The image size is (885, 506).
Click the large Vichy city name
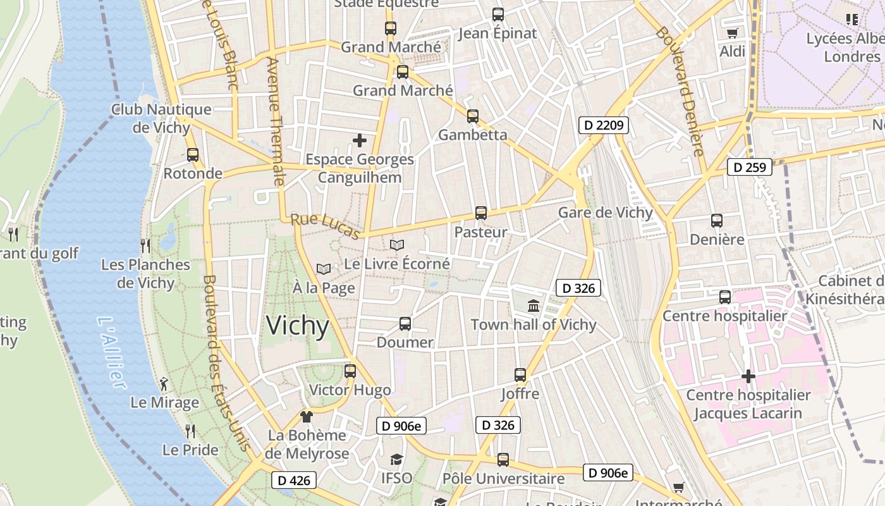click(x=297, y=326)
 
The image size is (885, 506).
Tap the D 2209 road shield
click(x=604, y=125)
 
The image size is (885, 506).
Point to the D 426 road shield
click(x=294, y=481)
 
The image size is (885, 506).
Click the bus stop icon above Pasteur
click(x=481, y=213)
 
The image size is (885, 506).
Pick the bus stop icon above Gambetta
click(x=473, y=116)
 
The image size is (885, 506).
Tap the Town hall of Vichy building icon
click(x=534, y=306)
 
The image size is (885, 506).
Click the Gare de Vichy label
click(x=605, y=213)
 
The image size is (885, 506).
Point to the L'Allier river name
click(x=111, y=352)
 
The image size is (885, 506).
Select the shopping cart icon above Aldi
click(x=733, y=33)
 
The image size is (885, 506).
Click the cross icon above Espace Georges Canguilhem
click(x=360, y=140)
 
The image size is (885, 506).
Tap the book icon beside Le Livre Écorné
click(x=397, y=245)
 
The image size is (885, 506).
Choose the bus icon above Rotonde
click(x=193, y=154)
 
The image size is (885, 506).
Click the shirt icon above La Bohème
click(x=307, y=416)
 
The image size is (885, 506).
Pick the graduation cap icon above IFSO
click(x=396, y=459)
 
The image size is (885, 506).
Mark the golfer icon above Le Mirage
click(x=164, y=383)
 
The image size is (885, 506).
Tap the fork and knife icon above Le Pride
click(x=190, y=431)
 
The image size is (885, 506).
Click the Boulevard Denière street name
click(x=680, y=92)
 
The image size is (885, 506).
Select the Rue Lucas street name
click(x=326, y=226)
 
